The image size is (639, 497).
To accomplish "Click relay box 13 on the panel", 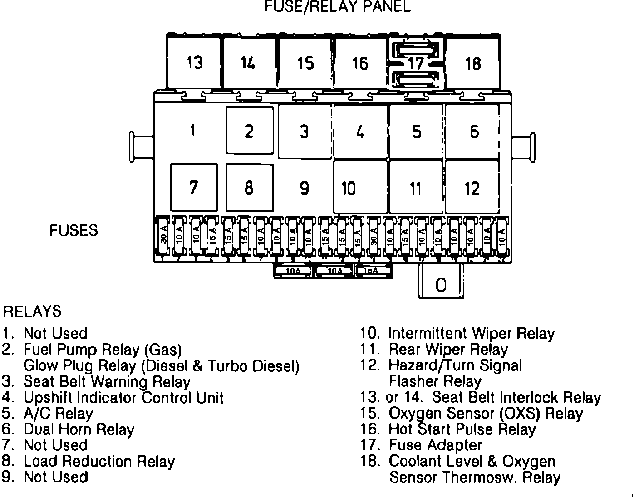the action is (194, 63).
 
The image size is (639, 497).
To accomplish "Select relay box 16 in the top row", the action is (360, 63).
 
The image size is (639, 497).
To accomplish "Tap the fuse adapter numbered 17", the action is (416, 63).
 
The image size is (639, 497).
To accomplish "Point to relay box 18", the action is (472, 63).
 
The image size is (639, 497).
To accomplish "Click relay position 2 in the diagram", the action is (249, 131).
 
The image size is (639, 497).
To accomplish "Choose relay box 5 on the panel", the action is (417, 132).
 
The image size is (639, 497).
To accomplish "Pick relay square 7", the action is (194, 187).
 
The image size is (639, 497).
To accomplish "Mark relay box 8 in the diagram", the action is (249, 187).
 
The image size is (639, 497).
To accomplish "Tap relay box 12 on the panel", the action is (472, 188).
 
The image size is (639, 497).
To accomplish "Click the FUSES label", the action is (74, 230).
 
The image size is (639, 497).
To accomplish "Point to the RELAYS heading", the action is (32, 312).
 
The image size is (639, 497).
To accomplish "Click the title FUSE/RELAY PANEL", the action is (338, 6).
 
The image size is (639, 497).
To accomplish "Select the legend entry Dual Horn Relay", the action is (79, 429).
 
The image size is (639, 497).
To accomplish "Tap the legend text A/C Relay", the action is (58, 413).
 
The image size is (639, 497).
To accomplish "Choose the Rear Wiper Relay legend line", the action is (448, 349).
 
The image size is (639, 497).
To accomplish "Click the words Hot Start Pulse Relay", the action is (462, 429).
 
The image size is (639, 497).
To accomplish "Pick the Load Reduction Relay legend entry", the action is (99, 461).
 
